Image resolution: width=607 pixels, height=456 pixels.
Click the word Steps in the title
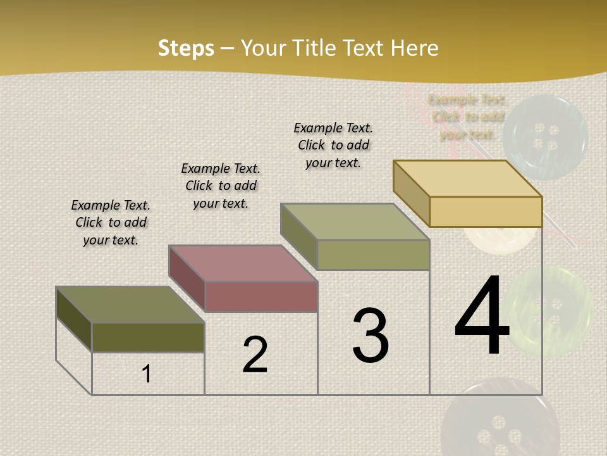pos(186,48)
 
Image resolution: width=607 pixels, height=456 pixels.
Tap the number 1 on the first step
pos(147,374)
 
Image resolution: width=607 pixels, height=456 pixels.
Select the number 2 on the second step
pos(255,355)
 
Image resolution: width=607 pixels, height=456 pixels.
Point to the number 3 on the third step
pos(371,336)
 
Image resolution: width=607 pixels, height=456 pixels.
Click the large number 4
pos(482,317)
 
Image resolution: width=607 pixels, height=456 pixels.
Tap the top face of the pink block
pos(243,263)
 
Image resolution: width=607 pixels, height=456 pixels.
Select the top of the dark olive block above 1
pos(130,305)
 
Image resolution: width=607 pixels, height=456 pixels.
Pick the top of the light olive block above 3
pos(355,222)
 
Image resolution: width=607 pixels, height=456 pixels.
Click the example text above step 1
pos(111,222)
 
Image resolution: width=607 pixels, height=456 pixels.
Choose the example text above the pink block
pos(221,186)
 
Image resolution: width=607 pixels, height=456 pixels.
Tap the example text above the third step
pos(333,145)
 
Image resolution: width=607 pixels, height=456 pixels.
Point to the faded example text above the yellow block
pos(467,117)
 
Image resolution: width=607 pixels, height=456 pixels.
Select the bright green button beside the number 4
pos(549,310)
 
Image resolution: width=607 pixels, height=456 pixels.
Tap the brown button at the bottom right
pos(500,421)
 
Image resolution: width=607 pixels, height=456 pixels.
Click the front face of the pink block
pos(261,296)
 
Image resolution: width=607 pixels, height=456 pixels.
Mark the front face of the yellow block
pos(486,212)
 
